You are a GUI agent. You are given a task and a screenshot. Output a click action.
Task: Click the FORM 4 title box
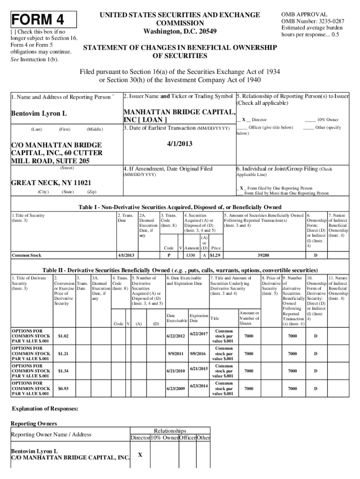pos(43,20)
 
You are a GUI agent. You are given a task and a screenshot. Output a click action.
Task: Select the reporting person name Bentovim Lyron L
pos(39,114)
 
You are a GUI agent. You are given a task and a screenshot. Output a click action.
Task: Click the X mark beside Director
pos(244,120)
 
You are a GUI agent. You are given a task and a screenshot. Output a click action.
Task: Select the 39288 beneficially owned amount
pos(263,255)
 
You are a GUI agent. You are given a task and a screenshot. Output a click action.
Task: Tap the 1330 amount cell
pos(190,255)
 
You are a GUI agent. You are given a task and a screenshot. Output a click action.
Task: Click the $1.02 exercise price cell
pos(63,336)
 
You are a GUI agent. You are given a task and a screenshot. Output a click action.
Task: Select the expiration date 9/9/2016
pos(198,354)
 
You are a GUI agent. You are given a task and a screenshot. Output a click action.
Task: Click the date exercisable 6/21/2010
pos(176,371)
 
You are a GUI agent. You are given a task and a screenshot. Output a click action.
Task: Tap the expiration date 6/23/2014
pos(198,386)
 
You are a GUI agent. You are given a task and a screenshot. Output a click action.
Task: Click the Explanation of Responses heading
pos(44,408)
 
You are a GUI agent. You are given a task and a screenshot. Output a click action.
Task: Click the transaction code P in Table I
pos(168,255)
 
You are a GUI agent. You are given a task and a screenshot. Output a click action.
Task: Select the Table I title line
pos(180,207)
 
